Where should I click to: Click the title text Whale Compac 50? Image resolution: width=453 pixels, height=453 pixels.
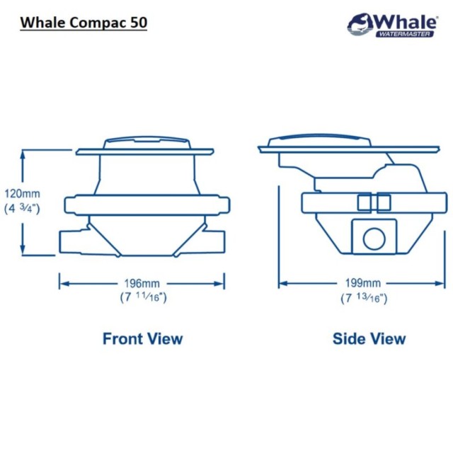pyautogui.click(x=84, y=22)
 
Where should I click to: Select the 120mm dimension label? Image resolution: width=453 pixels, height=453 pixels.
pyautogui.click(x=22, y=193)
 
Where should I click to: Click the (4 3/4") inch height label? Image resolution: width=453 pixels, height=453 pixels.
pyautogui.click(x=23, y=208)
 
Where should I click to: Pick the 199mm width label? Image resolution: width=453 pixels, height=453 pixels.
pyautogui.click(x=362, y=285)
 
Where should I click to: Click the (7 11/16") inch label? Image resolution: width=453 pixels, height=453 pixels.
pyautogui.click(x=143, y=297)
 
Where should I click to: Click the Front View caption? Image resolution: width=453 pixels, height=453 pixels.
pyautogui.click(x=142, y=338)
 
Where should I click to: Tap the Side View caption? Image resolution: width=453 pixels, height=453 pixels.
pyautogui.click(x=369, y=338)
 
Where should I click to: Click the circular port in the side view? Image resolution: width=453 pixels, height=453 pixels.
pyautogui.click(x=373, y=239)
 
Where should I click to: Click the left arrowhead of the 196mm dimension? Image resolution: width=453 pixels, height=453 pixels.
pyautogui.click(x=62, y=284)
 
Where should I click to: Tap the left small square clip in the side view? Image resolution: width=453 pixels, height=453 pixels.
pyautogui.click(x=365, y=203)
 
